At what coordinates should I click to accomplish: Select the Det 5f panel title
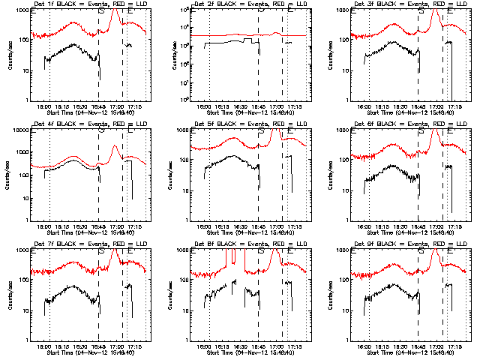240,124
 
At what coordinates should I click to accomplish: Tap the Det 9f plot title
400,244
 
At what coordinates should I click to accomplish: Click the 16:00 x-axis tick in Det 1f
44,106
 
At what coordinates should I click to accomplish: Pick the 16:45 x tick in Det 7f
98,346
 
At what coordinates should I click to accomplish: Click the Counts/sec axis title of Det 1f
10,55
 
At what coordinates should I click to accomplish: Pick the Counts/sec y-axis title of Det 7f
10,295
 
